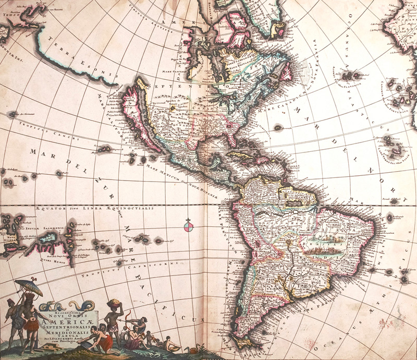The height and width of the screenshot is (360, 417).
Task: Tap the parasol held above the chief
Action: coord(29,286)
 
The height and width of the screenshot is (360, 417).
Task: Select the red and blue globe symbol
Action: coord(189,226)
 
